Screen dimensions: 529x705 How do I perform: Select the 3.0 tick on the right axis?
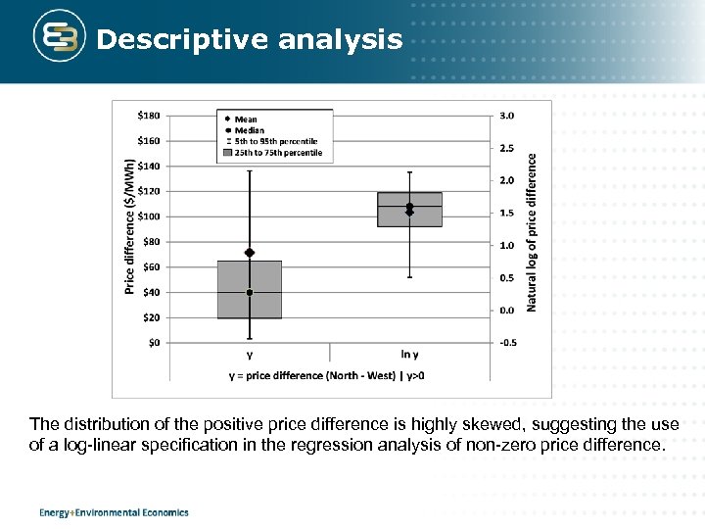tap(506, 116)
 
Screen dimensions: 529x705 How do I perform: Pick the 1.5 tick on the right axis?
tap(506, 213)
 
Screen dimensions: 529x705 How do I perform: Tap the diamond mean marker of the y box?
tap(250, 253)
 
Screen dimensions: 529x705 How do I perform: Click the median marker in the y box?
tap(250, 293)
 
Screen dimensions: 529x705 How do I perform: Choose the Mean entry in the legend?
tap(246, 120)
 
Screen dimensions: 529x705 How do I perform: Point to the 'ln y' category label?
tap(409, 355)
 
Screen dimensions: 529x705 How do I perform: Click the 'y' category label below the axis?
tap(250, 355)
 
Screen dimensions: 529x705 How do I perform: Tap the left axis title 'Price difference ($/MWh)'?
tap(130, 226)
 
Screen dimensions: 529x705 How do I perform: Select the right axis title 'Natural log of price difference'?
tap(532, 231)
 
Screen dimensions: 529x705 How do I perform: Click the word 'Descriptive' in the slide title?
tap(183, 39)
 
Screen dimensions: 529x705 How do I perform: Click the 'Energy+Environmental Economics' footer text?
tap(114, 512)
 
